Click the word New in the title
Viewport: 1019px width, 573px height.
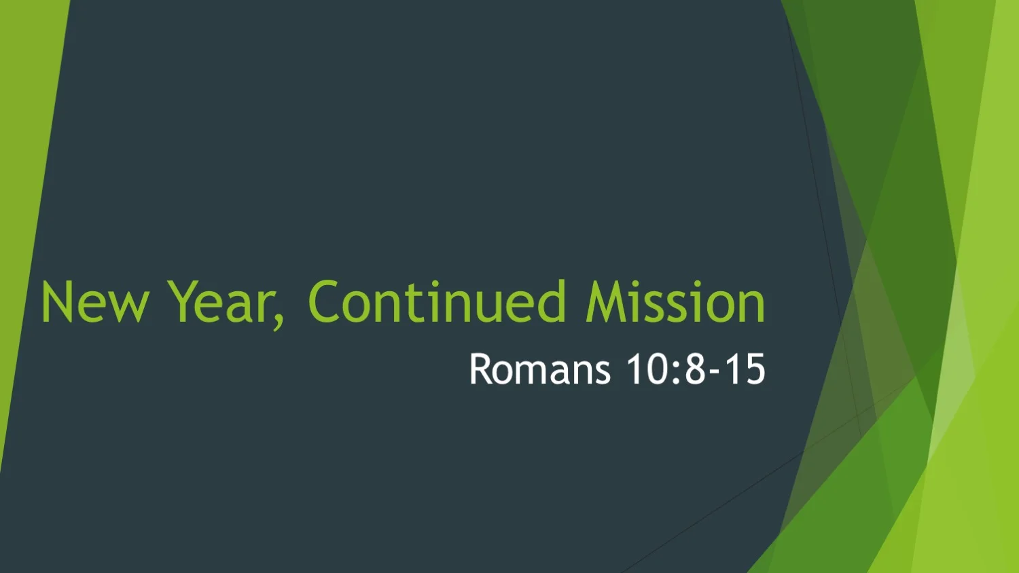(x=94, y=303)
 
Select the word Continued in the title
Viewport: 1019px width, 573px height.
(x=436, y=303)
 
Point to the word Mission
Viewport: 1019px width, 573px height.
(x=675, y=303)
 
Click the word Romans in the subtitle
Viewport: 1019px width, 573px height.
(x=540, y=370)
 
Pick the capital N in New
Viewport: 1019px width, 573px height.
(x=55, y=303)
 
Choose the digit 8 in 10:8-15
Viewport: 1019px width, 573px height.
(x=695, y=370)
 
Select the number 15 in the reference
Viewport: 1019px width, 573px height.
(x=745, y=370)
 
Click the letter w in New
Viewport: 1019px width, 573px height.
(x=128, y=307)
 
